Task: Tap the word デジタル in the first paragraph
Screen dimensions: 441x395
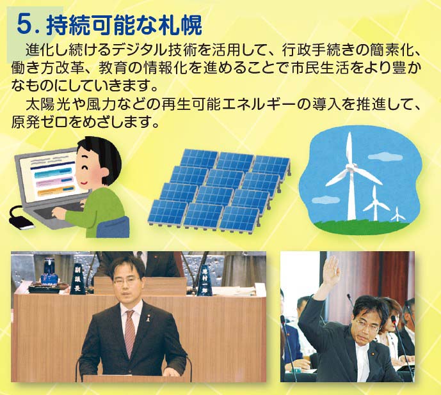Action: tap(140, 50)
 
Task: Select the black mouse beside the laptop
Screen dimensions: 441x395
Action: tap(20, 221)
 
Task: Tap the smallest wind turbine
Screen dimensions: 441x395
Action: tap(397, 214)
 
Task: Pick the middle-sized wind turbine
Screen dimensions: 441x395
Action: tap(375, 204)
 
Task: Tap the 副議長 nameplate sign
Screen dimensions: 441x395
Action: tap(77, 279)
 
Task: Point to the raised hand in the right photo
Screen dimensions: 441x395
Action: tap(332, 270)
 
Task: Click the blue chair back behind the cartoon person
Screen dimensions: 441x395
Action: tap(113, 228)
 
